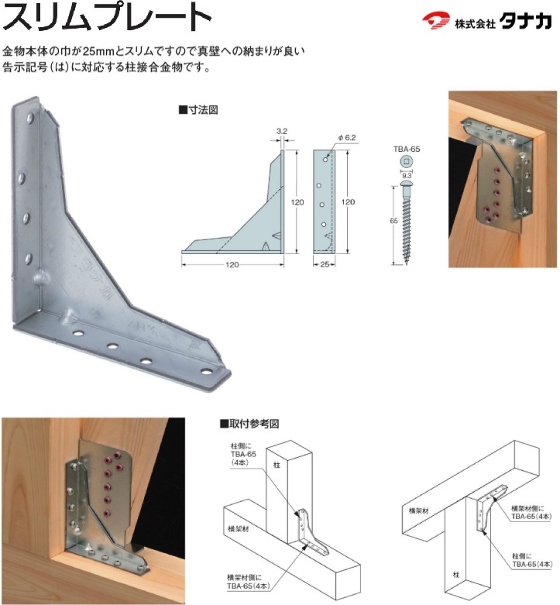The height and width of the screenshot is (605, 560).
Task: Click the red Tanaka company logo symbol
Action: (435, 21)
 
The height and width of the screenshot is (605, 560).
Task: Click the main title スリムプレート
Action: (107, 17)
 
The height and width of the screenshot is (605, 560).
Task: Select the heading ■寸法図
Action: (198, 110)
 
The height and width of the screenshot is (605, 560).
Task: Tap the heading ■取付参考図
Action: (249, 424)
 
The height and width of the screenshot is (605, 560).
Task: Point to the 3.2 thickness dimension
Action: (282, 131)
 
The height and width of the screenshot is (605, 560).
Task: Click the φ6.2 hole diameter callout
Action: (347, 137)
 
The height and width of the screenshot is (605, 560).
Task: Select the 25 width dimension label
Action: (325, 264)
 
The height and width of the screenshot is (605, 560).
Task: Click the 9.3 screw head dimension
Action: (407, 175)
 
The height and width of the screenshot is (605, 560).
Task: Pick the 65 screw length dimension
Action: (393, 221)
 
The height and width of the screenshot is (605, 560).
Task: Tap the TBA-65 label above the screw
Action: (407, 149)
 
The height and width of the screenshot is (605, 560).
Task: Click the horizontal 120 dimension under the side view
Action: (232, 265)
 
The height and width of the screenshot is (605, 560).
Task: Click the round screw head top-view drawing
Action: (406, 162)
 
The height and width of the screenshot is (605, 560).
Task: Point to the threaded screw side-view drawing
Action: (407, 223)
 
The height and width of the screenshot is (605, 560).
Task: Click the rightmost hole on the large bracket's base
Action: (207, 372)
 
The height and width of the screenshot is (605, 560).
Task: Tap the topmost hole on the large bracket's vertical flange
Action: (31, 117)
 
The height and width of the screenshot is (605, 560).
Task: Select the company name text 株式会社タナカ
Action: (503, 22)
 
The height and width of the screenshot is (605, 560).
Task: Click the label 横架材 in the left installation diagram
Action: (238, 529)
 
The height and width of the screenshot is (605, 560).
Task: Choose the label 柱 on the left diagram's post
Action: (277, 465)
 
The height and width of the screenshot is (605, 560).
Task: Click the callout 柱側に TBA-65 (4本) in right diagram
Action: (527, 560)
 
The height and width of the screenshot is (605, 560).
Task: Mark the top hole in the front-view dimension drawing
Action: (325, 159)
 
